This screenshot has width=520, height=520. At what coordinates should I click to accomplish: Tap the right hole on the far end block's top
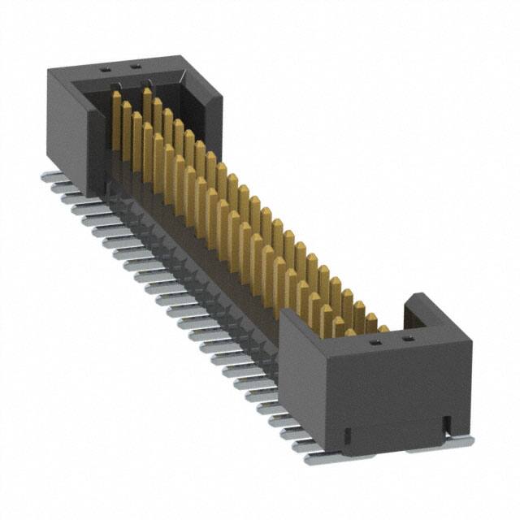135,66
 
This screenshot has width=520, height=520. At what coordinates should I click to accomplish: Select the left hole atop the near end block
375,342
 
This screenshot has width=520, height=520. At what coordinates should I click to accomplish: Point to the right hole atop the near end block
408,339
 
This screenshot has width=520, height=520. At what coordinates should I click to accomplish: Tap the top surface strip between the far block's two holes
120,68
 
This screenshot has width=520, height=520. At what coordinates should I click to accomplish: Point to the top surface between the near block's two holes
392,340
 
